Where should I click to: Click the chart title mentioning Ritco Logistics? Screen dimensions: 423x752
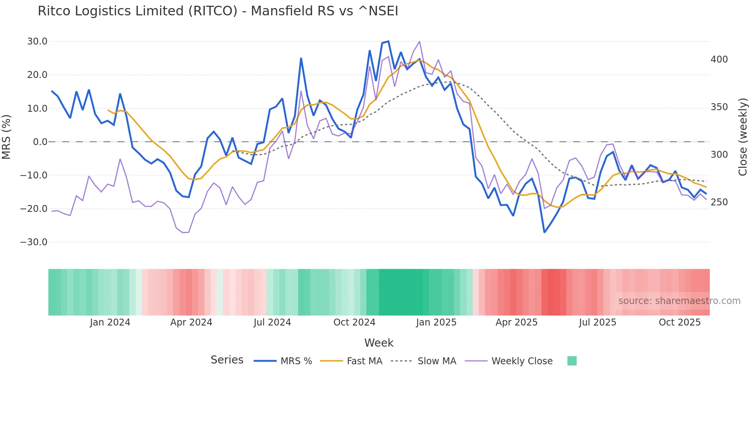218,11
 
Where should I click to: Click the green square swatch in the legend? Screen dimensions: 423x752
572,361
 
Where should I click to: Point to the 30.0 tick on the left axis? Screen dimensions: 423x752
37,41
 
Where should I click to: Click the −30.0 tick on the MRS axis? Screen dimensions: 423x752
34,242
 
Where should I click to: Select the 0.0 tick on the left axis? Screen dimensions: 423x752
40,142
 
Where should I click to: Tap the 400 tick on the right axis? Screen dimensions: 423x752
719,59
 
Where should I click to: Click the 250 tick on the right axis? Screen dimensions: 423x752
719,202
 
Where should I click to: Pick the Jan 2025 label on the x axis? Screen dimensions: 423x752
436,322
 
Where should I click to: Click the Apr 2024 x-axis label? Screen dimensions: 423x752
191,322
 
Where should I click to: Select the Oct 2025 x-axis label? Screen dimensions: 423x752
679,322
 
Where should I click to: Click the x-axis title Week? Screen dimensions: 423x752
379,343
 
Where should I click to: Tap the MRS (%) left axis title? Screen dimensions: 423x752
7,137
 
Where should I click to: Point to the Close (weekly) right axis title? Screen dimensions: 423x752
743,137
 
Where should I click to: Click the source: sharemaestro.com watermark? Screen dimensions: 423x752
679,301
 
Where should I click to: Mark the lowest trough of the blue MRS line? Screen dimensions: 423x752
544,232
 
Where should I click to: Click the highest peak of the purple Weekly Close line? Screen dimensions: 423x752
419,41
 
